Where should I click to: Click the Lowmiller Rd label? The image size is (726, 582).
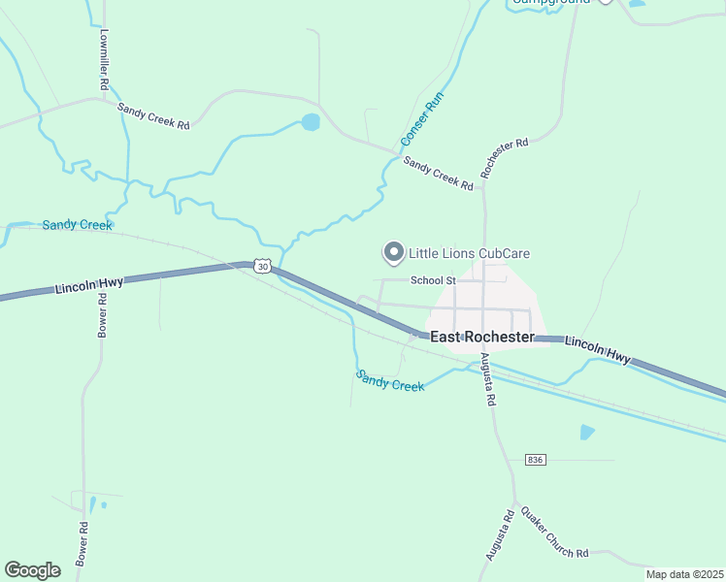tap(104, 57)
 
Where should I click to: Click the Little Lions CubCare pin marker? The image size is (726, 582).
tap(394, 252)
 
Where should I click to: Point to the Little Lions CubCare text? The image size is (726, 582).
tap(469, 253)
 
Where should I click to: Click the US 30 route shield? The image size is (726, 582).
tap(262, 266)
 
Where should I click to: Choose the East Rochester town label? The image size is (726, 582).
tap(482, 337)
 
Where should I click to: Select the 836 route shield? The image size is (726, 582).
tap(534, 458)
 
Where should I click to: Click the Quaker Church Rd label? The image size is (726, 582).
tap(554, 532)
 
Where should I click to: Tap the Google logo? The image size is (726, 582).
tap(32, 569)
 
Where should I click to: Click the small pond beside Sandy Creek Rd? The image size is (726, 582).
tap(311, 122)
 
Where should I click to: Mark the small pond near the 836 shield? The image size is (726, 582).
tap(586, 432)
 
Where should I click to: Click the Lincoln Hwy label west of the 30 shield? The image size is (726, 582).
tap(89, 284)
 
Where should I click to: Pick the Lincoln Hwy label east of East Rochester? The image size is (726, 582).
tap(597, 350)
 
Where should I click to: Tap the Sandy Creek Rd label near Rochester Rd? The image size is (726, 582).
tap(439, 173)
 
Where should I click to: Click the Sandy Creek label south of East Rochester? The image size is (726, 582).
tap(389, 380)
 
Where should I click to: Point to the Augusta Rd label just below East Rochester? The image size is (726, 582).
tap(488, 379)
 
